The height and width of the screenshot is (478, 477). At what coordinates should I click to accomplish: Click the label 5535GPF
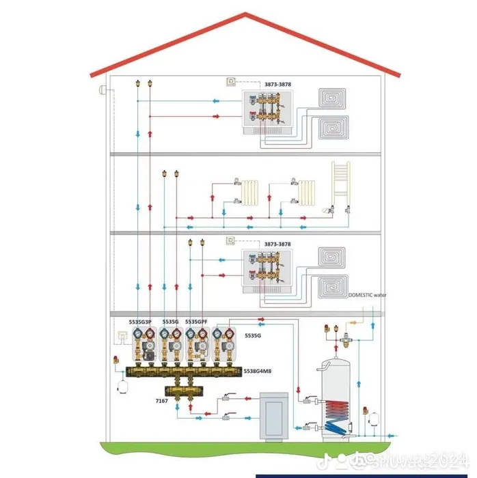click(196, 321)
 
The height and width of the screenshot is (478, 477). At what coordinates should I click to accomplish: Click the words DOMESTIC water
click(367, 295)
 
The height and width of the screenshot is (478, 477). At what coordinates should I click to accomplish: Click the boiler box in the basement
click(273, 414)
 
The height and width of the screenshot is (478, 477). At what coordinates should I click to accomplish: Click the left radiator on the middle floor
click(253, 193)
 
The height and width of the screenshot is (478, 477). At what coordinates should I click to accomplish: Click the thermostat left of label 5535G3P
click(122, 335)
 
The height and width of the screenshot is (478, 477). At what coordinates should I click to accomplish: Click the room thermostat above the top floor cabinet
click(230, 82)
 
